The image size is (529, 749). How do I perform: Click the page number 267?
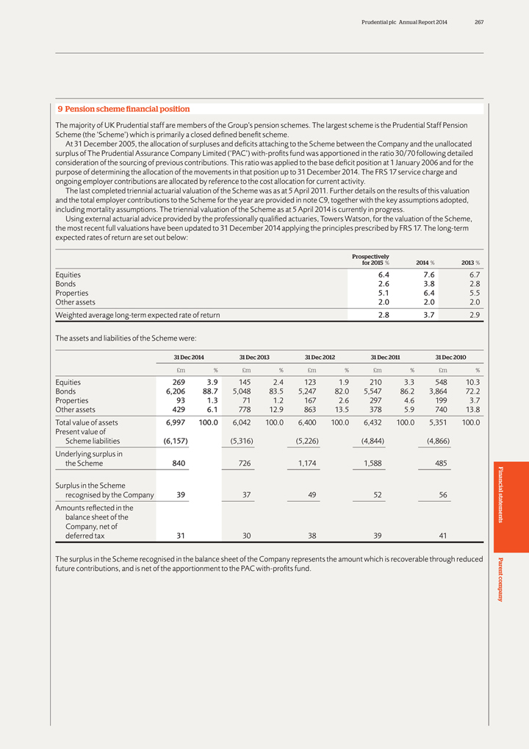point(478,23)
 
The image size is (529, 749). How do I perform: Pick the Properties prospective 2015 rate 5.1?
point(381,292)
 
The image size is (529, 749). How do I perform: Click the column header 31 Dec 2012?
point(320,357)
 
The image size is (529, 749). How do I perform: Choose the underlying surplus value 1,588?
point(373,464)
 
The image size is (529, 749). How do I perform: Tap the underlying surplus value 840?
point(177,464)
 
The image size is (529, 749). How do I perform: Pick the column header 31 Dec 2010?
point(450,357)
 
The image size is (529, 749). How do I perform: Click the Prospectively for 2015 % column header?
point(371,259)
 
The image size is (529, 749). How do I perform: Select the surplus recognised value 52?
point(377,495)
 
